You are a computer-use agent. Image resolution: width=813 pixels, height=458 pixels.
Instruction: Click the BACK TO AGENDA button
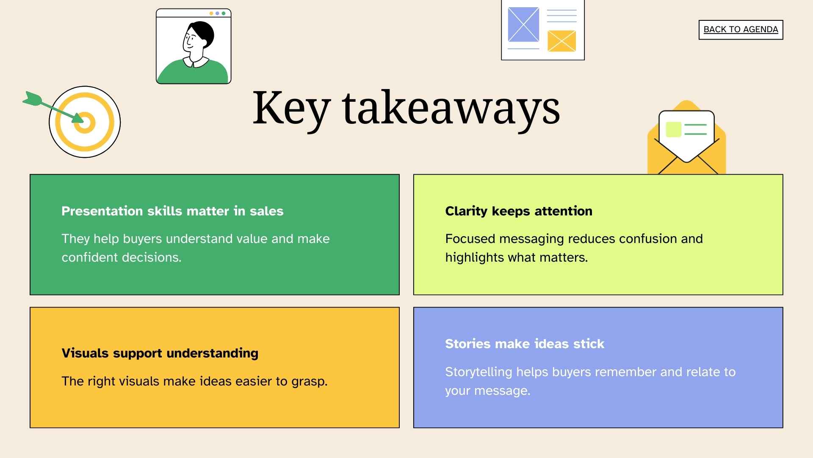(x=741, y=30)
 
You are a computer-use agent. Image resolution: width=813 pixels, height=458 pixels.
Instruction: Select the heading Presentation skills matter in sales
(x=172, y=211)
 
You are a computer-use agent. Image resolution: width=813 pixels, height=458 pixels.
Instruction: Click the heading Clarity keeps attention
(x=518, y=211)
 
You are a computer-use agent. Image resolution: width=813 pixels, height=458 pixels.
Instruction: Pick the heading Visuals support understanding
(x=160, y=353)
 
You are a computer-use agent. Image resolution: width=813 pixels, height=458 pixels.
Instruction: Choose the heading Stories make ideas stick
(x=524, y=344)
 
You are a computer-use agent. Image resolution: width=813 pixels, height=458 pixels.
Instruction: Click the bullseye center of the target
(x=85, y=123)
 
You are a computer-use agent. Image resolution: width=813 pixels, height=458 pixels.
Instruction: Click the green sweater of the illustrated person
(x=193, y=73)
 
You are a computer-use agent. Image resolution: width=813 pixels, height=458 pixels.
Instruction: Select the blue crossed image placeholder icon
(x=523, y=25)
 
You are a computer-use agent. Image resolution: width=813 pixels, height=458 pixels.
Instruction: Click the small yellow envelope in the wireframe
(x=561, y=41)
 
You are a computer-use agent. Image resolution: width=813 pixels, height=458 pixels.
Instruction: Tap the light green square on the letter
(x=673, y=129)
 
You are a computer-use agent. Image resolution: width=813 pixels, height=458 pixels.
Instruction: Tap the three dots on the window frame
(x=217, y=14)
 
